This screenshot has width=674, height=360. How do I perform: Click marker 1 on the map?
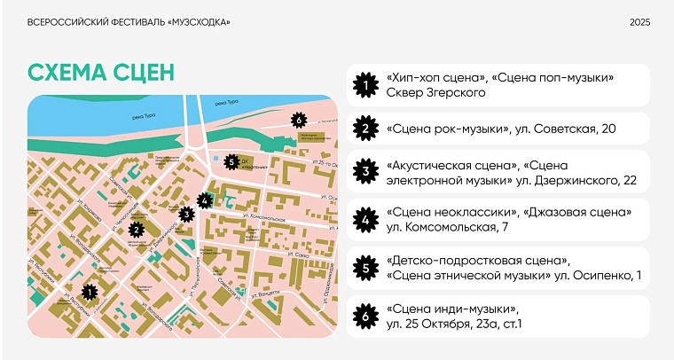[x=89, y=291]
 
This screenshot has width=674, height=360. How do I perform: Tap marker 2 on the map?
[x=137, y=229]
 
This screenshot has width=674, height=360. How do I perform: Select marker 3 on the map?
[x=186, y=214]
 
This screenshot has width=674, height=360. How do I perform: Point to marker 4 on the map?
[x=206, y=200]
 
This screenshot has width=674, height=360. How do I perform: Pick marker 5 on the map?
[x=231, y=162]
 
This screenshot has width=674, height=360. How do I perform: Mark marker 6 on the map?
[x=299, y=119]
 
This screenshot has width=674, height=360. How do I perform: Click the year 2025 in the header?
[x=640, y=22]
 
